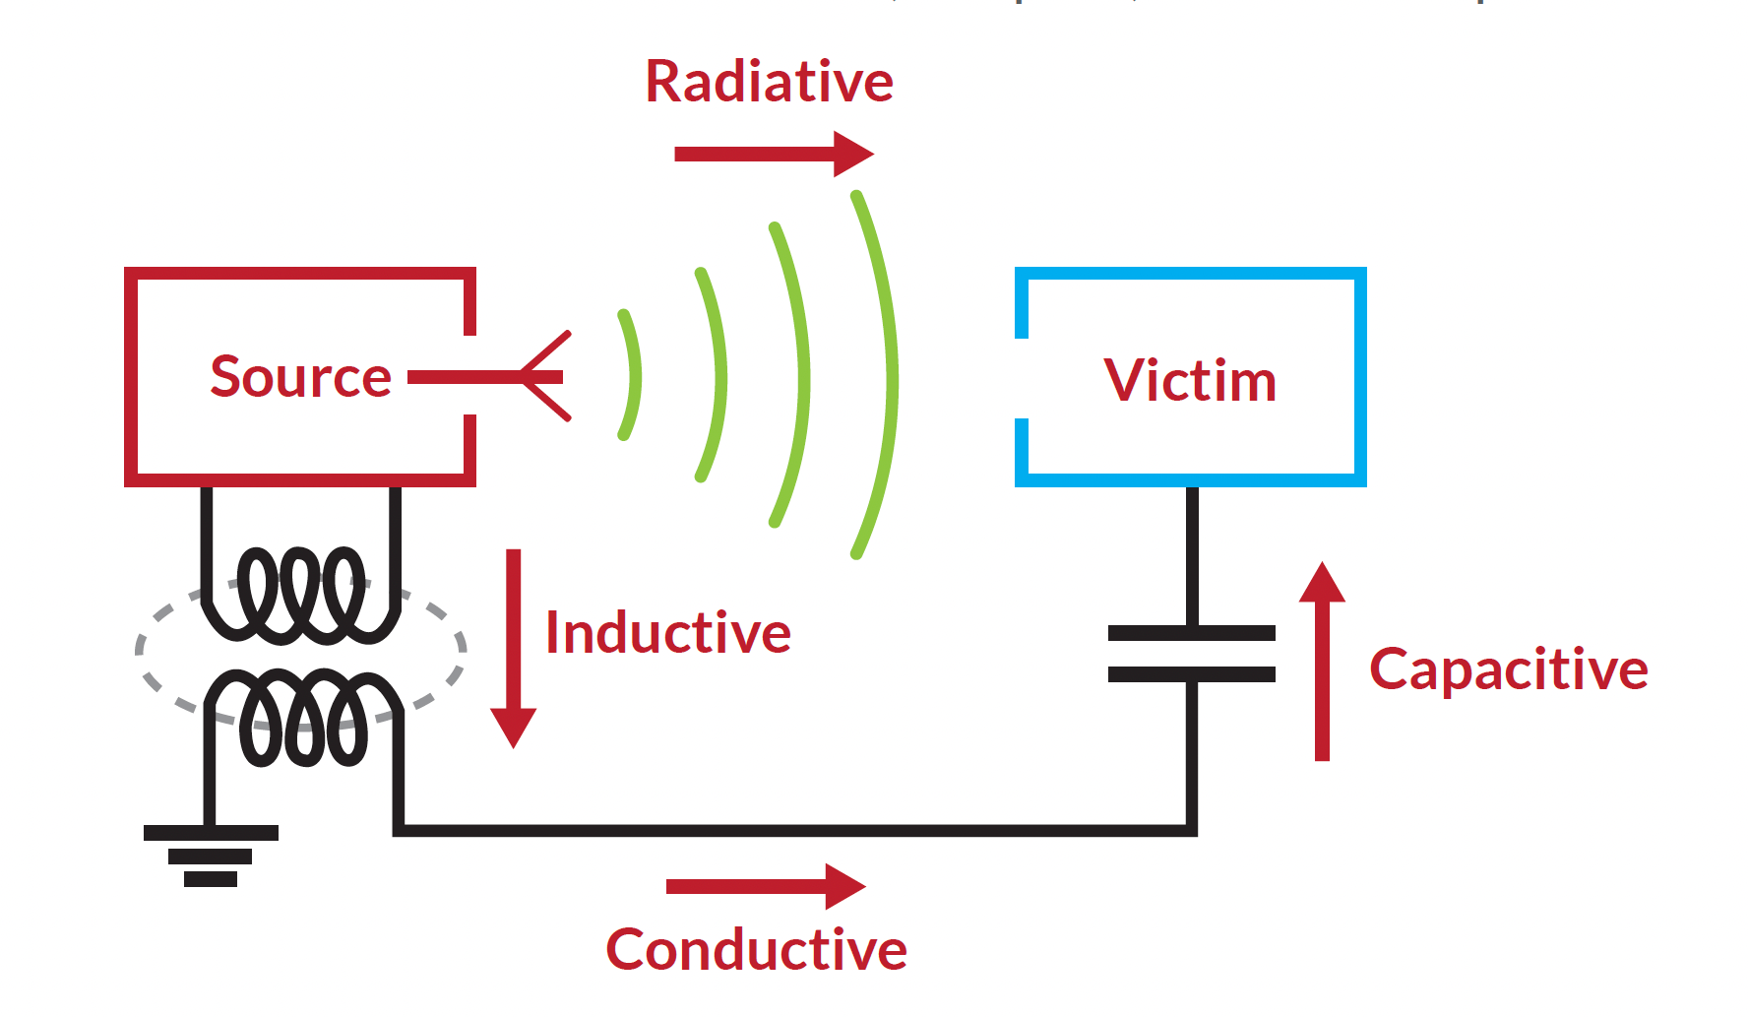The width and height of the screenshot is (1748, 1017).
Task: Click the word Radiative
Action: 769,82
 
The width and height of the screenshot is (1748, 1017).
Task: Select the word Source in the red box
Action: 300,377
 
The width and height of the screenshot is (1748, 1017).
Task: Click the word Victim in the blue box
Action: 1190,381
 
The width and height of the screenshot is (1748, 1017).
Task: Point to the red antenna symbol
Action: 536,377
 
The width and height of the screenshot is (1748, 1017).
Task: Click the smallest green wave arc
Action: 633,375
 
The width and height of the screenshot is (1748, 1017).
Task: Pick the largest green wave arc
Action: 889,375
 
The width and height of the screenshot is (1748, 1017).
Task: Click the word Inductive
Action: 668,632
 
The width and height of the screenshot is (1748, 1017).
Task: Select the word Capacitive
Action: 1508,670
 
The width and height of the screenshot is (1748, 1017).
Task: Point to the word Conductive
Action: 756,950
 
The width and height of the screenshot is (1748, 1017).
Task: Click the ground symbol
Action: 211,855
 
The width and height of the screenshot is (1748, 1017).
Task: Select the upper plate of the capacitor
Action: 1191,633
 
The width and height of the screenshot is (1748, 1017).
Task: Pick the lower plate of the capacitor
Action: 1191,674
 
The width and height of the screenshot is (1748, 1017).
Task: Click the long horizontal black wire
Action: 787,831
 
